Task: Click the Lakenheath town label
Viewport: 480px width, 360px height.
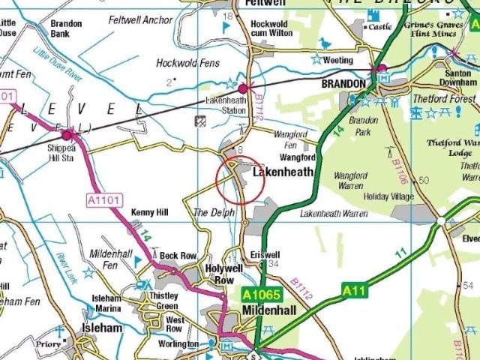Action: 283,172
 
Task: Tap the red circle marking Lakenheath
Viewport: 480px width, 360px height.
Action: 240,180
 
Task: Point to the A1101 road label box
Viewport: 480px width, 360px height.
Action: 103,200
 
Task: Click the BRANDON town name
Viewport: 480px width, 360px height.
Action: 342,84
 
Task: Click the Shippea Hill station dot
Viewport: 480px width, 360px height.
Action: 67,135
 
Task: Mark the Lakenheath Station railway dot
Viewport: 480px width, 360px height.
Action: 242,88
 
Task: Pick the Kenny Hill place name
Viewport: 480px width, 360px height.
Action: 150,213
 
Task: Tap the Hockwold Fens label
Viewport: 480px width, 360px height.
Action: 187,64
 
